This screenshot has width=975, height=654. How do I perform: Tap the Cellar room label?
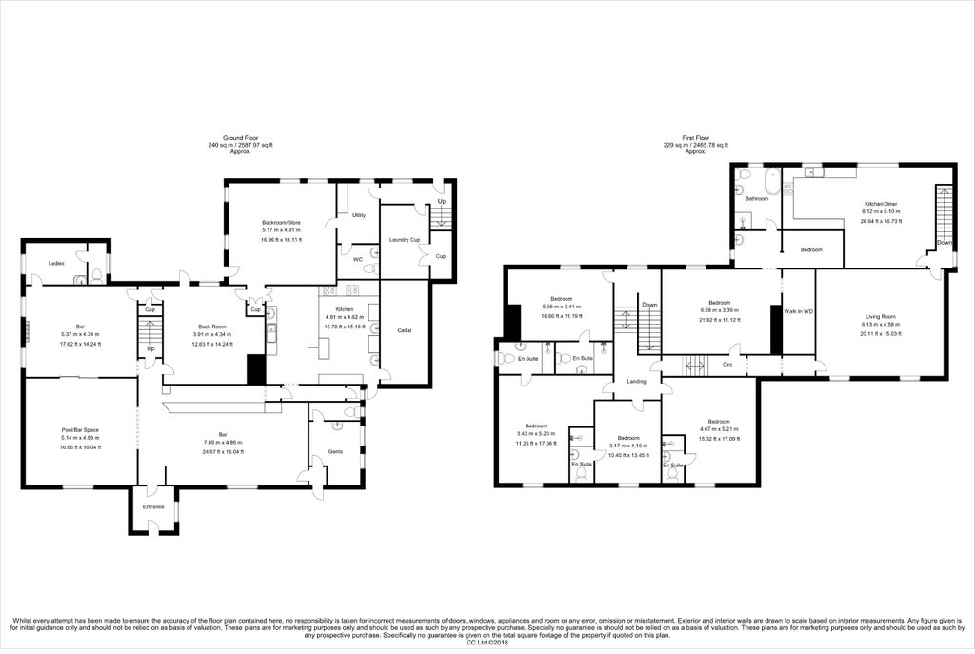coord(404,330)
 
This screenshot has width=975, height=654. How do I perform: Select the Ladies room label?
coord(56,263)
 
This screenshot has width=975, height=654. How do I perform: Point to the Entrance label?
coord(153,506)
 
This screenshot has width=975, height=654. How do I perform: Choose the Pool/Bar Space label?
coord(79,430)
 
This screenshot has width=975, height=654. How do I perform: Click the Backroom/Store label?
coord(282,223)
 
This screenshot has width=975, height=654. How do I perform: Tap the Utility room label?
coord(359,216)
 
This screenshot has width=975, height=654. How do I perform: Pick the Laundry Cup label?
coord(405,239)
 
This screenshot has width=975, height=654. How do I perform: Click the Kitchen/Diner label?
coord(881,204)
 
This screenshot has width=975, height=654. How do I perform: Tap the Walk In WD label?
coord(798,311)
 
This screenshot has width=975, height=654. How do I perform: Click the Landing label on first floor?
coord(636,382)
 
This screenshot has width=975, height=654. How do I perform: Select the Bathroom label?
coord(757,198)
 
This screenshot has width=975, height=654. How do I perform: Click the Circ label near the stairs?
coord(726,364)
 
